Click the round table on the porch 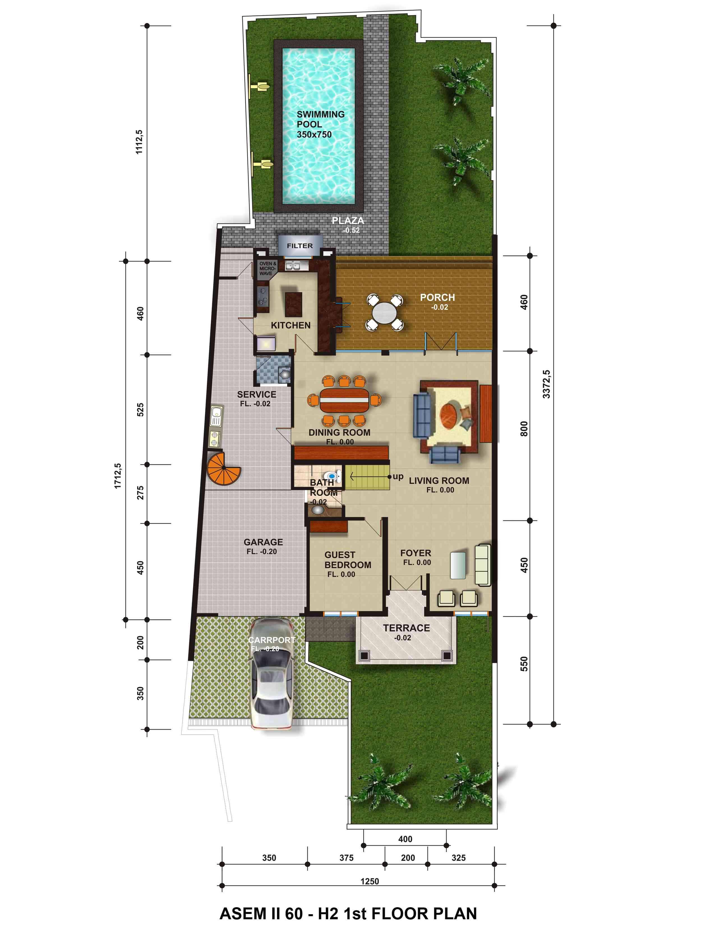(x=385, y=313)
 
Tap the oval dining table (x=344, y=400)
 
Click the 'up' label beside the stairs (x=398, y=476)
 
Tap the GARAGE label (x=263, y=542)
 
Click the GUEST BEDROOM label (x=348, y=560)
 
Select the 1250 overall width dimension (x=369, y=881)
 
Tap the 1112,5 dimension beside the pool (x=139, y=142)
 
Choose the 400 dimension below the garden (x=405, y=839)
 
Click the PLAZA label (x=348, y=221)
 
